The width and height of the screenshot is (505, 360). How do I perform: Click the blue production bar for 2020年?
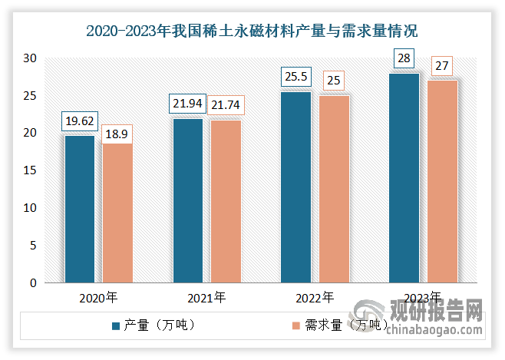(x=80, y=210)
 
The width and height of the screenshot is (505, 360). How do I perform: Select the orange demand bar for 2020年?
(x=117, y=213)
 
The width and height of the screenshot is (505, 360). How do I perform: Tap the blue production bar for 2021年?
(x=188, y=201)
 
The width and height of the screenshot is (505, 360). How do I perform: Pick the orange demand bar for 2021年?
(x=226, y=202)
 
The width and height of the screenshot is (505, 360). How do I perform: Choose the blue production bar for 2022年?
(x=296, y=187)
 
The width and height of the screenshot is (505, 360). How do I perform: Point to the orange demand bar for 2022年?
(x=334, y=190)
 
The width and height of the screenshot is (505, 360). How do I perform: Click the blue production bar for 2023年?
(x=404, y=178)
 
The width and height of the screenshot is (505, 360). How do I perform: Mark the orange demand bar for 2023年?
(x=442, y=182)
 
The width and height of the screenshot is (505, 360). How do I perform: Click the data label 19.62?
(x=80, y=121)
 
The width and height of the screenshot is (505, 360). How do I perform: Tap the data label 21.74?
(x=226, y=105)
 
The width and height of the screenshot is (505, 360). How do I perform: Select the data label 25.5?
(x=296, y=77)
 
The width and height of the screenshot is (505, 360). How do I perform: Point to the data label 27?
(x=442, y=66)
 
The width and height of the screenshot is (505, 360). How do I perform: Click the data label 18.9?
(x=117, y=134)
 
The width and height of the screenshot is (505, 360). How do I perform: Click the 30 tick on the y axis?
(x=30, y=58)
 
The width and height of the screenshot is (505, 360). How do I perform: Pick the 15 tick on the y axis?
(x=30, y=170)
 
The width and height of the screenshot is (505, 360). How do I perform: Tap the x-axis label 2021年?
(x=206, y=298)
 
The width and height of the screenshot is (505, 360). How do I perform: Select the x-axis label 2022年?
(x=315, y=298)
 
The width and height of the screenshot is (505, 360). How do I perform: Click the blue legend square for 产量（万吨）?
(x=116, y=326)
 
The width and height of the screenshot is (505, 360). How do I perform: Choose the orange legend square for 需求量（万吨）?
(x=296, y=326)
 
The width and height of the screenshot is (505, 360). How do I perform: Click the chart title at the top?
(x=252, y=31)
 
